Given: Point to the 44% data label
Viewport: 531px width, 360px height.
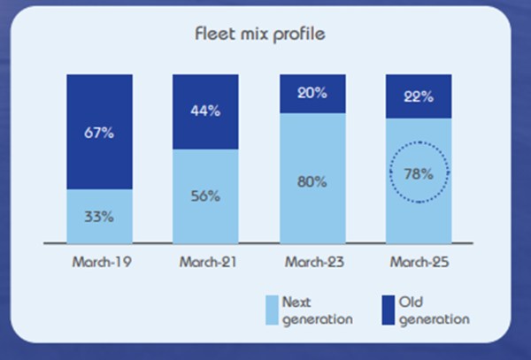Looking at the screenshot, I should click(205, 111).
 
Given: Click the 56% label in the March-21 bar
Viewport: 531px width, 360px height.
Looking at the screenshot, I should click(205, 197).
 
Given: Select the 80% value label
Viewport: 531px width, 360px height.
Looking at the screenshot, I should click(312, 182).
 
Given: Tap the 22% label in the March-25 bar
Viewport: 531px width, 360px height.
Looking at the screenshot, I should click(418, 96).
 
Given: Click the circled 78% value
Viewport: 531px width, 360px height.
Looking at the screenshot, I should click(418, 173).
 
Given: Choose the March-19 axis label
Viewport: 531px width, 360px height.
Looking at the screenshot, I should click(99, 262).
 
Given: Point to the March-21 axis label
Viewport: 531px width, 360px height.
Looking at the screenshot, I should click(205, 262).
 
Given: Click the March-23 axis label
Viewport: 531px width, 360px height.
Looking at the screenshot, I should click(312, 262).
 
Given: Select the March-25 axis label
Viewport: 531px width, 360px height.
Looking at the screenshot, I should click(418, 262).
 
